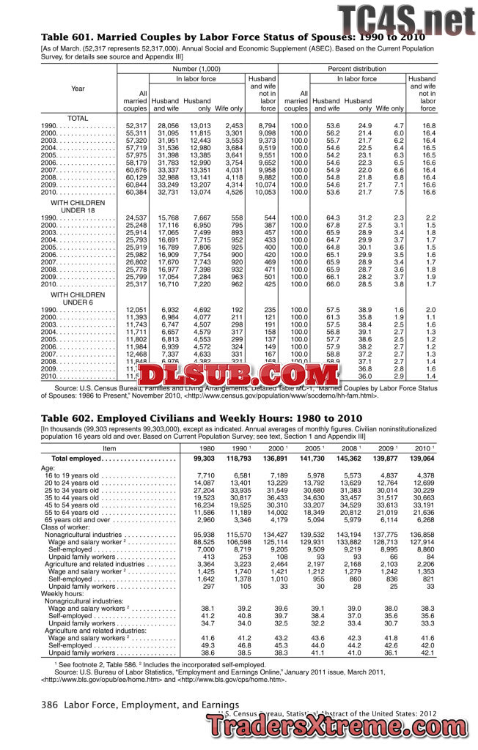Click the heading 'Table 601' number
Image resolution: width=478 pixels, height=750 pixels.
pyautogui.click(x=63, y=37)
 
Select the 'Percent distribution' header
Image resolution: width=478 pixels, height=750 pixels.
pyautogui.click(x=357, y=68)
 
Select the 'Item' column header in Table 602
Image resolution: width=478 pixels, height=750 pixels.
pyautogui.click(x=109, y=448)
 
